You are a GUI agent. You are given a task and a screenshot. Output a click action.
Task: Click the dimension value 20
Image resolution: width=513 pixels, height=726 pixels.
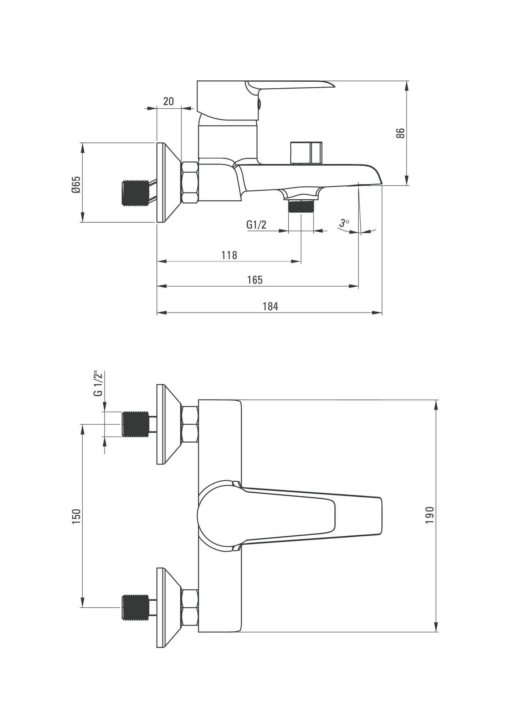point(169,101)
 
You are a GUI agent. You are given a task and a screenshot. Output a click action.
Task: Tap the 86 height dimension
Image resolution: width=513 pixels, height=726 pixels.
point(400,133)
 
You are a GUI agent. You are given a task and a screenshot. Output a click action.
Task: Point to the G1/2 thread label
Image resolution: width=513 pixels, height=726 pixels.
point(256,224)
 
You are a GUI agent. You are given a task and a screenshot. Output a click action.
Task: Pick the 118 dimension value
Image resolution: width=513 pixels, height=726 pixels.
point(229,255)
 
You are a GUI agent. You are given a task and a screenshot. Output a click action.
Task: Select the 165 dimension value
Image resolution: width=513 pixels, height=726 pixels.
point(255,280)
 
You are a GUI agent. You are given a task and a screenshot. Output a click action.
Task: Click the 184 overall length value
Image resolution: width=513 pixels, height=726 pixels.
point(270,306)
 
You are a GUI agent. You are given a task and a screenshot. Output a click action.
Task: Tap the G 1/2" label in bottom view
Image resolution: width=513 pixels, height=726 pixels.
point(98,383)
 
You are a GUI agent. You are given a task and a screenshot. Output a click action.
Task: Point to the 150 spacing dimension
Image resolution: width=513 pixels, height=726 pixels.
point(77,516)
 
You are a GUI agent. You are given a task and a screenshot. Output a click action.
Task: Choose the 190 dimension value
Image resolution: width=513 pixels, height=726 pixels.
point(430,515)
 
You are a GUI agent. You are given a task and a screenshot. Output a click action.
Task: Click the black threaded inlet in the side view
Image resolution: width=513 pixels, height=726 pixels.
point(135,193)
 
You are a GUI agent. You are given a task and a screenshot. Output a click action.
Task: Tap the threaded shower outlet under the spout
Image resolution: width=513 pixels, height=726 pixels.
point(301,206)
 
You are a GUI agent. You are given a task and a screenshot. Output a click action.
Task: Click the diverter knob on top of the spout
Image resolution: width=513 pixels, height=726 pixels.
point(306,153)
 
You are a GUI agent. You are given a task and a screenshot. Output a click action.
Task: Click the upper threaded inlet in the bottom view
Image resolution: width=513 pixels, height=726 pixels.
point(135,424)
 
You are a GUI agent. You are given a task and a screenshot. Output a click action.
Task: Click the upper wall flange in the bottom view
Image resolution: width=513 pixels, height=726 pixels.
point(167,424)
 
